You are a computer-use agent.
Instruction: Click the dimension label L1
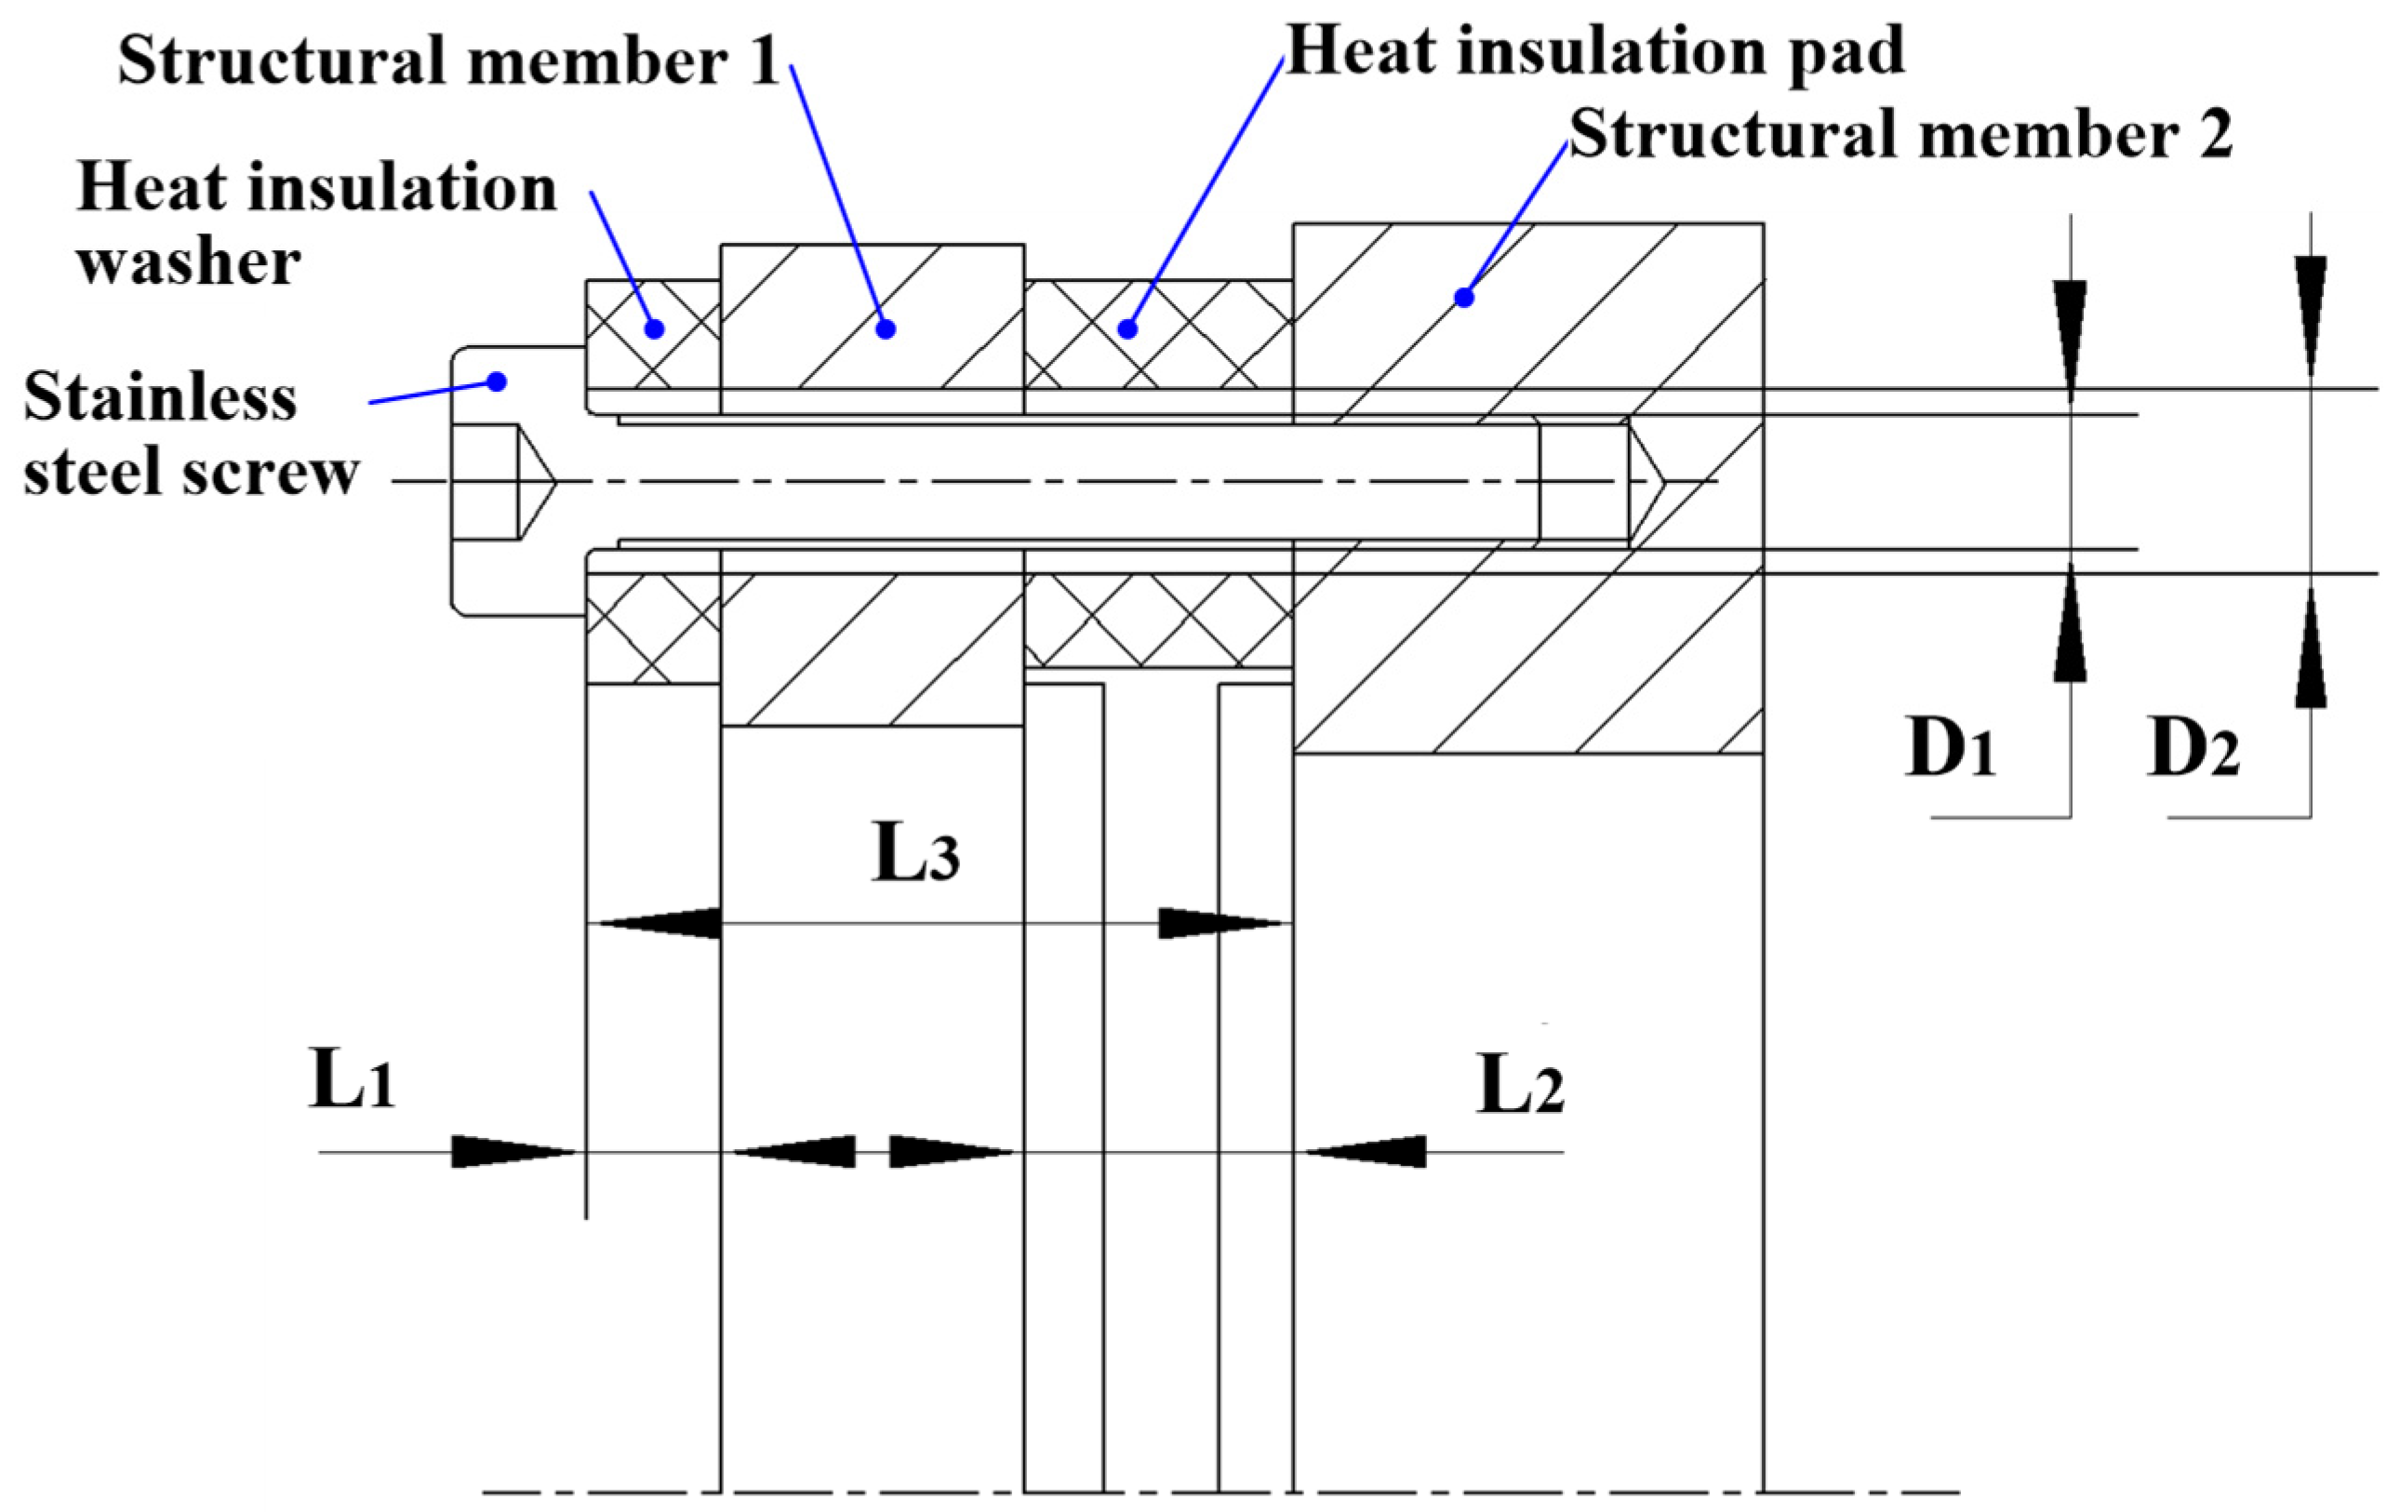point(352,1080)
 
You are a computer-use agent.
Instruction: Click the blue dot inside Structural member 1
point(886,328)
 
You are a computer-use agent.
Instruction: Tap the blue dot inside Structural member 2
point(1464,297)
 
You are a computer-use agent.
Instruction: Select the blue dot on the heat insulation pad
point(1128,328)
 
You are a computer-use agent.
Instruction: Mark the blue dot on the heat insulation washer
point(655,328)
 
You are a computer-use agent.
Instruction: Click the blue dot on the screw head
point(498,381)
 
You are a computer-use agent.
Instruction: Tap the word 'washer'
point(190,263)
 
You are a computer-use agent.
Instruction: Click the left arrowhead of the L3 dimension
point(658,924)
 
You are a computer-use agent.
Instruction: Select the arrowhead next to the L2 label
point(1366,1152)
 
